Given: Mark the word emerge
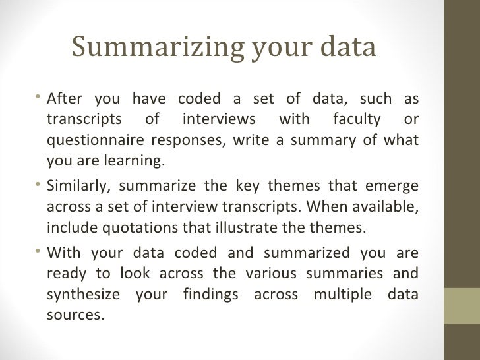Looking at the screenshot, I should [393, 187].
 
